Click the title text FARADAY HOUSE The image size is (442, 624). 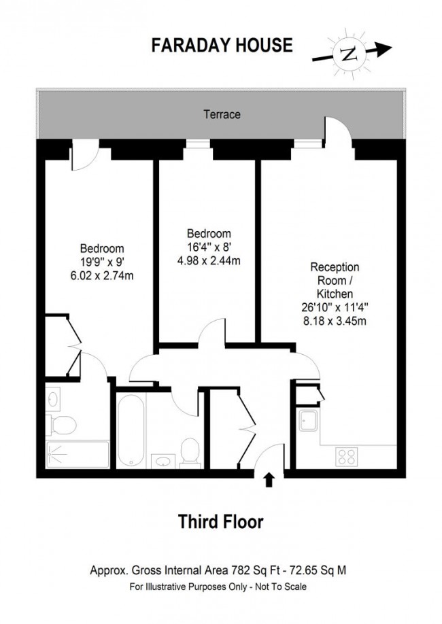click(x=221, y=46)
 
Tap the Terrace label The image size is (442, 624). click(x=222, y=115)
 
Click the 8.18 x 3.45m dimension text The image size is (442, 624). click(x=335, y=319)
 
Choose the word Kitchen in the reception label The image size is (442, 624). click(x=335, y=294)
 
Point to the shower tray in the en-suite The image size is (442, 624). click(x=77, y=453)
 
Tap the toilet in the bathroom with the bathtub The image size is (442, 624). click(x=191, y=452)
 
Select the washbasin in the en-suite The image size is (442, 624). click(x=52, y=398)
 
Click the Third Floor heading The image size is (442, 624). click(x=220, y=522)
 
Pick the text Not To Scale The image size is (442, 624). click(x=284, y=586)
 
